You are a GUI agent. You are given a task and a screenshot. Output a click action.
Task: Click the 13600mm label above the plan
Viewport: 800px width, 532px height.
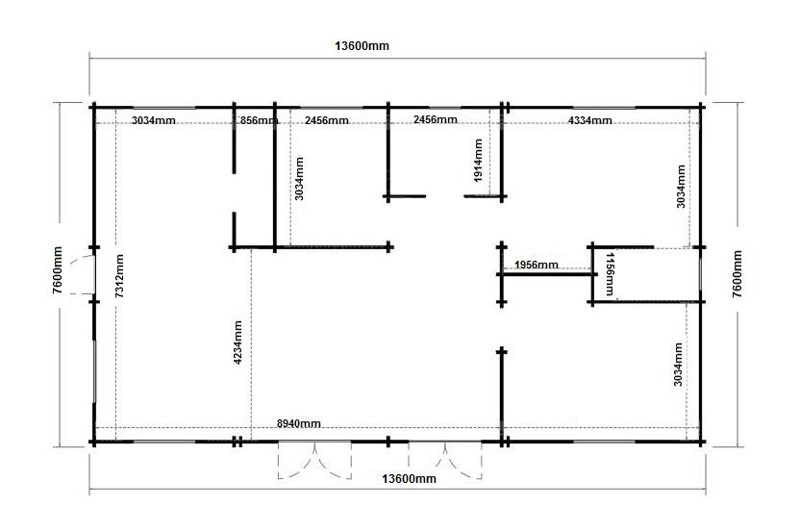(x=362, y=46)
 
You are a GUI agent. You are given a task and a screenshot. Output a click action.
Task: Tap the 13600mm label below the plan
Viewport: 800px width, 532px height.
(x=409, y=478)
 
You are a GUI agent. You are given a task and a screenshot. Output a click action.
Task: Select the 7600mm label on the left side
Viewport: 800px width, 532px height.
(x=57, y=270)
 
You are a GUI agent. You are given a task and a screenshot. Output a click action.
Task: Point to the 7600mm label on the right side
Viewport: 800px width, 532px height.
(x=737, y=273)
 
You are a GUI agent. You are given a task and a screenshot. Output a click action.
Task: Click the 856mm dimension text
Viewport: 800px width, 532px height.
(x=258, y=120)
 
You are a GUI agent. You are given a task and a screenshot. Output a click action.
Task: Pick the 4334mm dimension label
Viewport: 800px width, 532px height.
(x=589, y=120)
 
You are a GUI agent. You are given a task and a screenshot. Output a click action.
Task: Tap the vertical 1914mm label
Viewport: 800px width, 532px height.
(x=478, y=161)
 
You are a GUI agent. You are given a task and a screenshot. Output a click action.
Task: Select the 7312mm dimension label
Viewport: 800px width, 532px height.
(x=119, y=276)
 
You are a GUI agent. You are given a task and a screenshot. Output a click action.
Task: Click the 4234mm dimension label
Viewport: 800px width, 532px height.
(x=237, y=342)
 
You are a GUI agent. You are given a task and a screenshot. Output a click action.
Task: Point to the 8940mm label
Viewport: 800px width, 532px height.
(x=298, y=423)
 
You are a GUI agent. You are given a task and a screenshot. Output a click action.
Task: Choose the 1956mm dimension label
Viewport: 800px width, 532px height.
(x=537, y=265)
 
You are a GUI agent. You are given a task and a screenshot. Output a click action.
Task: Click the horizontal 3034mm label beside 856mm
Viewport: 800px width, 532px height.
(x=154, y=120)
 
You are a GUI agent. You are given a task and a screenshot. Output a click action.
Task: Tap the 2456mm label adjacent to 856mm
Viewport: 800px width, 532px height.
(x=327, y=120)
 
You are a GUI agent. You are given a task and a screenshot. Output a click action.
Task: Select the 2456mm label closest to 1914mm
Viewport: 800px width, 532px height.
(x=436, y=119)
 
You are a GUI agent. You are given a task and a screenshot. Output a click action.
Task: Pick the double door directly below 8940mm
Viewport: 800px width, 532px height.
(x=314, y=460)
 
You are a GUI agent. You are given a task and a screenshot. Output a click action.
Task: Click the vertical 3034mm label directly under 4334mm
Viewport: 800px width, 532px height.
(x=681, y=186)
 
